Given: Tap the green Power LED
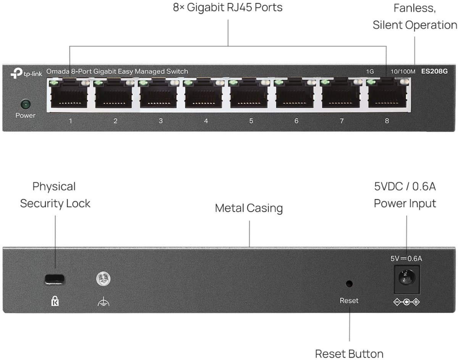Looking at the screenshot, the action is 25,103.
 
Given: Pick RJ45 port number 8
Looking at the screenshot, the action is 387,96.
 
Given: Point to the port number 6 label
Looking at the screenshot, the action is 296,121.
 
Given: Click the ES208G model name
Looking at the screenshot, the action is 434,71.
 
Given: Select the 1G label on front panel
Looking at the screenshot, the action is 369,72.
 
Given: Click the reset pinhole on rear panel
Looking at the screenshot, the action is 349,284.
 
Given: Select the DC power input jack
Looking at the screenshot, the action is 406,279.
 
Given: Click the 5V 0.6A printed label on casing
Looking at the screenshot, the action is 406,258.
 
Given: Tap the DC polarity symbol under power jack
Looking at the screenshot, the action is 406,303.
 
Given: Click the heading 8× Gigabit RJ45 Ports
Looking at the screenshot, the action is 228,7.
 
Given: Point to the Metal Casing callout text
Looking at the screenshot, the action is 249,208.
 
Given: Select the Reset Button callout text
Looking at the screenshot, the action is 349,353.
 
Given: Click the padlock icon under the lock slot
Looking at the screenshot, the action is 55,302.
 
